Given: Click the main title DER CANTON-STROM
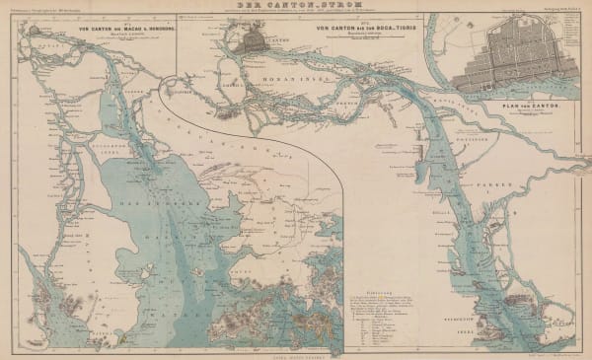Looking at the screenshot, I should click(x=296, y=6).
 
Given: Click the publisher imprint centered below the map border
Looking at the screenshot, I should click(x=296, y=354).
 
